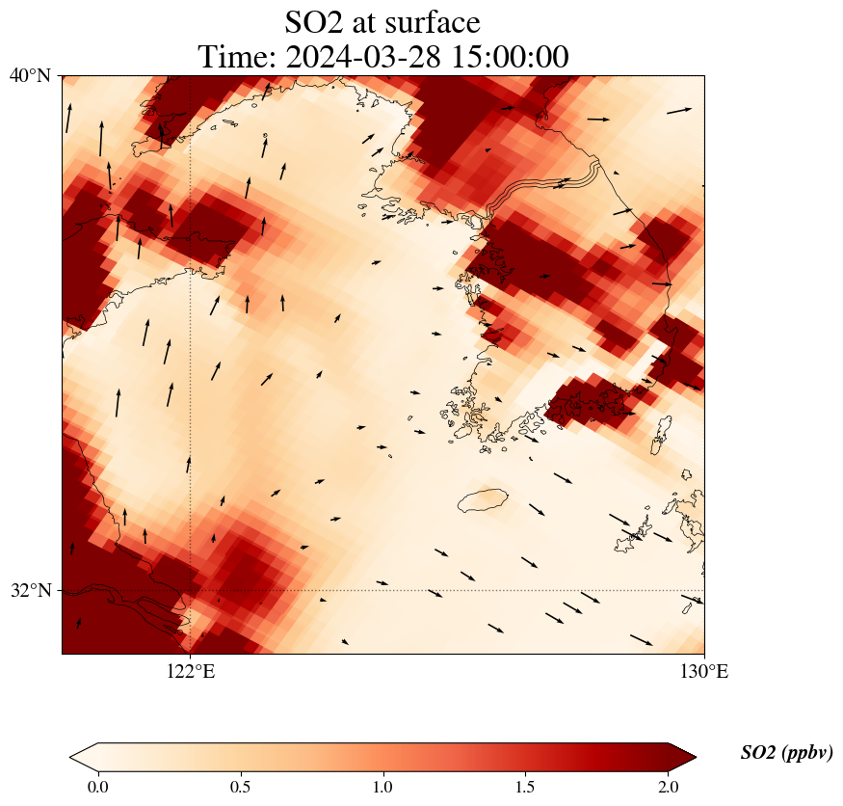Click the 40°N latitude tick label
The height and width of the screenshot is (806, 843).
[30, 75]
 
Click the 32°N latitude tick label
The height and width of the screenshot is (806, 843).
[30, 590]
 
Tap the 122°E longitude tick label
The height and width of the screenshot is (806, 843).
[191, 672]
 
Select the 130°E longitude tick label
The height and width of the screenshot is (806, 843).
[704, 672]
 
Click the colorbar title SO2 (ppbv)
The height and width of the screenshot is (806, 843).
[786, 753]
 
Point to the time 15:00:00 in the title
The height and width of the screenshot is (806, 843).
[506, 57]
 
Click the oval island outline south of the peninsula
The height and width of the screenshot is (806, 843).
[483, 500]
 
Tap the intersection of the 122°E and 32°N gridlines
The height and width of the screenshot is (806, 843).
[191, 590]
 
